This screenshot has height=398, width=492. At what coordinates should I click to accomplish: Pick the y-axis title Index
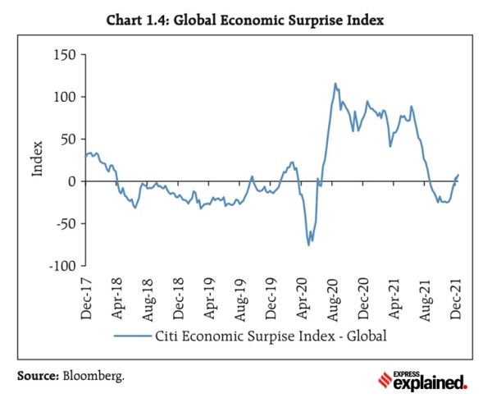(37, 161)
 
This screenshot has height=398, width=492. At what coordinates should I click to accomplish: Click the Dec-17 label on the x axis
(85, 298)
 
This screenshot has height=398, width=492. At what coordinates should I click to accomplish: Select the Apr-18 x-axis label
(116, 298)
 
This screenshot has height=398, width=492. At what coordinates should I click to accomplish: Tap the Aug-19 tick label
(241, 298)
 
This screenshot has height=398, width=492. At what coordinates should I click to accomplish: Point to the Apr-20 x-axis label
(303, 298)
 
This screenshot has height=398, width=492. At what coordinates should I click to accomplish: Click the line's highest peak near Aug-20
(335, 83)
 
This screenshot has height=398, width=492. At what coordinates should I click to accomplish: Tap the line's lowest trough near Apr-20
(309, 245)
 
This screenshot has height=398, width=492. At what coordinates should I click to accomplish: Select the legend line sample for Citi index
(131, 336)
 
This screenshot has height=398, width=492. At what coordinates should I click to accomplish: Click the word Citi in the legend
(168, 336)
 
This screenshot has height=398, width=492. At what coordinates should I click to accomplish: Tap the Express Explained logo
(423, 379)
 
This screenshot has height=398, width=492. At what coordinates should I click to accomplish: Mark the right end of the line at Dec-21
(458, 174)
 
